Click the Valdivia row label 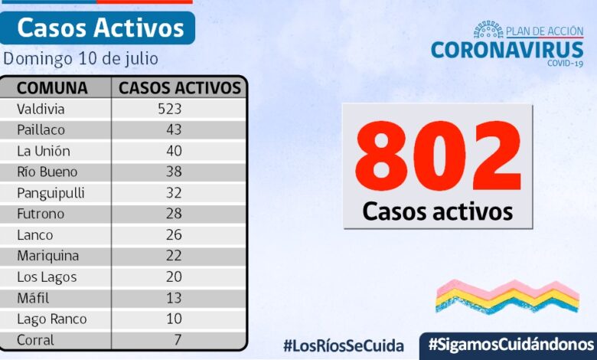point(41,109)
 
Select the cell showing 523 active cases point(169,109)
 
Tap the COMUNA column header point(52,87)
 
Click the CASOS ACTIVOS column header point(180,87)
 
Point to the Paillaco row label point(41,130)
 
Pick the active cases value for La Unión point(174,151)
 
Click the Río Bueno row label point(47,172)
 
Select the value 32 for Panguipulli point(174,193)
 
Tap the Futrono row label point(41,214)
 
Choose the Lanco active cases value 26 point(174,235)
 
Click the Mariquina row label point(47,256)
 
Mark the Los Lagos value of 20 point(174,277)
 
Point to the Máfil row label point(34,298)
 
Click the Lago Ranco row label point(51,319)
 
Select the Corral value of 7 point(177,340)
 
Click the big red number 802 point(437,158)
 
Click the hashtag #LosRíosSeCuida point(343,345)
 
